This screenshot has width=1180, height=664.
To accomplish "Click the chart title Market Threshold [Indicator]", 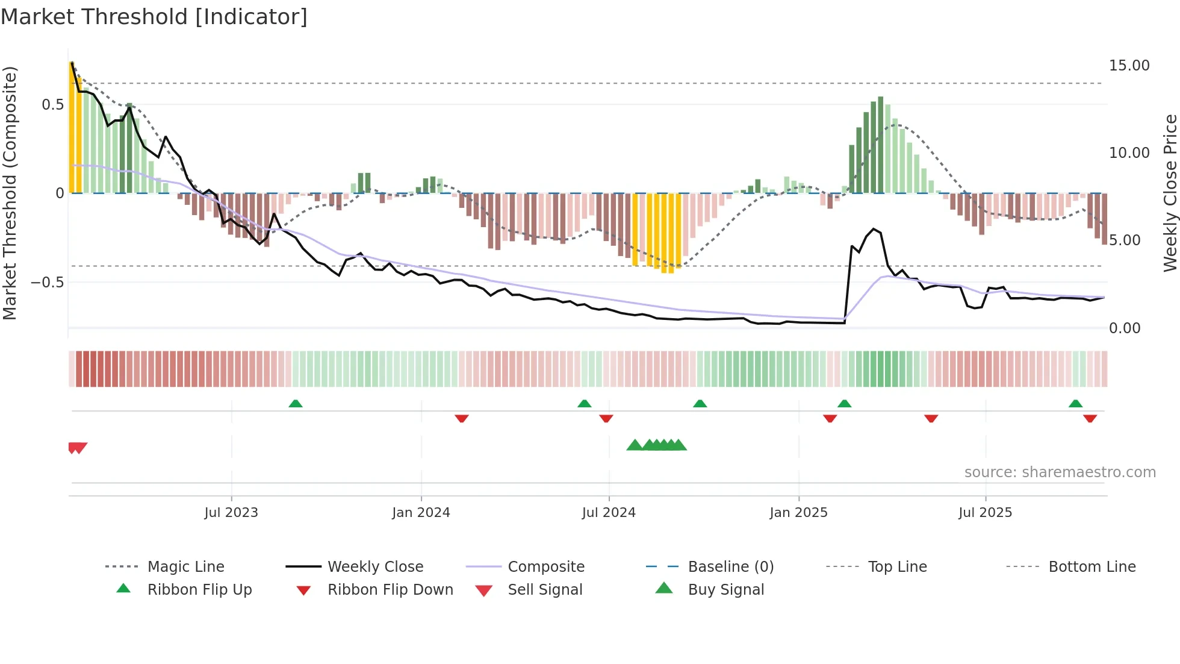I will tap(154, 17).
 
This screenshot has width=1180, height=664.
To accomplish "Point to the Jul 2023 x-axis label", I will tap(231, 513).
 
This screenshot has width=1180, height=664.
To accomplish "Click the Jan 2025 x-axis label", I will tap(798, 513).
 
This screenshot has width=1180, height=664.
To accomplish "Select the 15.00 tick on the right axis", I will tap(1129, 66).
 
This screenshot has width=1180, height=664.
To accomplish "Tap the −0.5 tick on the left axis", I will tap(48, 283).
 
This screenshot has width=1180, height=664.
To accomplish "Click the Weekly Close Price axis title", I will tap(1170, 193).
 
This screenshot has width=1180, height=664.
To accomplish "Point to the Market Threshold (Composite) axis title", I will tap(10, 193).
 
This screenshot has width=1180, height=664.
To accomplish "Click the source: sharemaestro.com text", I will tap(1060, 472).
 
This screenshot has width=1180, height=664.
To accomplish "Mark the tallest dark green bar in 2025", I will tap(881, 145).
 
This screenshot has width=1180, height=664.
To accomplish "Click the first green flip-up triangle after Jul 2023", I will tap(296, 404).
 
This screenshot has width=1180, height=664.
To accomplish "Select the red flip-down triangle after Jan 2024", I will tap(462, 418).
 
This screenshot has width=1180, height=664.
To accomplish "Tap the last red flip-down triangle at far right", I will tap(1090, 418).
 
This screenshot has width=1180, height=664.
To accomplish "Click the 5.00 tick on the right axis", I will tap(1125, 240).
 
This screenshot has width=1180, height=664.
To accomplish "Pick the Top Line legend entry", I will tap(897, 567).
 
